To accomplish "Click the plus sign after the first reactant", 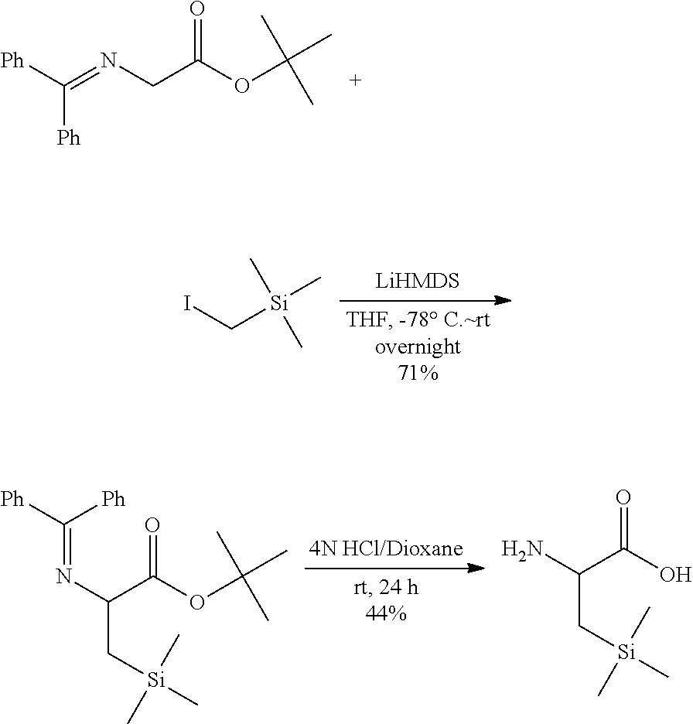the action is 355,80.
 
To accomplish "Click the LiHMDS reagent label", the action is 416,282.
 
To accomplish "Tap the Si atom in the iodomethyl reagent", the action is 278,305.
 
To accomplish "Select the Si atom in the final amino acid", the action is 628,655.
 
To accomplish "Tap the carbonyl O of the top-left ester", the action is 198,12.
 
